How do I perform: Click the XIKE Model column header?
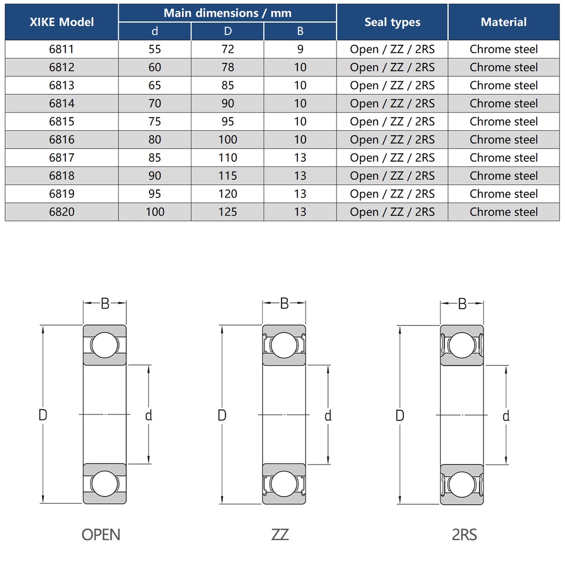click(62, 22)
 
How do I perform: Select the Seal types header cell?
click(392, 22)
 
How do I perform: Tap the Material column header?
click(503, 22)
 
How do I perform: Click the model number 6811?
click(62, 49)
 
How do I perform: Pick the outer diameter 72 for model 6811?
click(228, 49)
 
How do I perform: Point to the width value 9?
click(300, 49)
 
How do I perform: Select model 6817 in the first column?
click(62, 157)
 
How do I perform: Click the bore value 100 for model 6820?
click(155, 212)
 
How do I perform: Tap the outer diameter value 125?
click(228, 212)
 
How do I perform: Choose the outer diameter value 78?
click(228, 67)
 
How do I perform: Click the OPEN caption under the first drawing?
click(101, 535)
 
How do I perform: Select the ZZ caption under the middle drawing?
click(280, 535)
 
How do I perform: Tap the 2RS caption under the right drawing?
click(465, 535)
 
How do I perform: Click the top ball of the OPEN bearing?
click(104, 345)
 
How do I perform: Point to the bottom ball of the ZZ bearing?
click(284, 484)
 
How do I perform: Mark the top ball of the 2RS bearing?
click(462, 345)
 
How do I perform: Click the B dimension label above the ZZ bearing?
click(284, 304)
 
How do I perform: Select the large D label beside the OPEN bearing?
click(43, 415)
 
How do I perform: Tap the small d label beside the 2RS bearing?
click(506, 416)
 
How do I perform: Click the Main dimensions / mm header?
click(227, 13)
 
